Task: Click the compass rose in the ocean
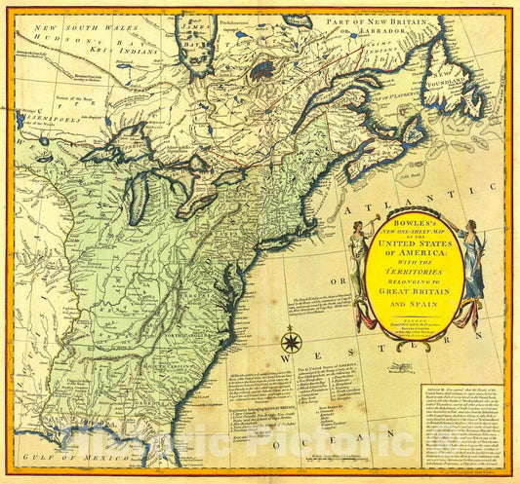[290, 342]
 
